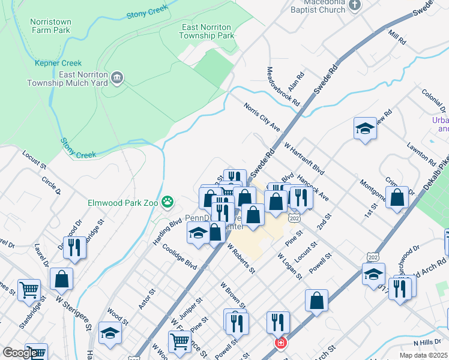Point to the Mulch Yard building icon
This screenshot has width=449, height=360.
(118, 77)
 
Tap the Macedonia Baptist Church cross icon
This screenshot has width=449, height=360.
(355, 5)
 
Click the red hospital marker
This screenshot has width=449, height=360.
(280, 344)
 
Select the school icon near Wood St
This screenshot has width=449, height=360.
(110, 333)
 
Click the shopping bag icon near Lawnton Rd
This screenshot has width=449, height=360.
(397, 197)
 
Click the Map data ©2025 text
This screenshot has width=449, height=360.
(424, 355)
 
